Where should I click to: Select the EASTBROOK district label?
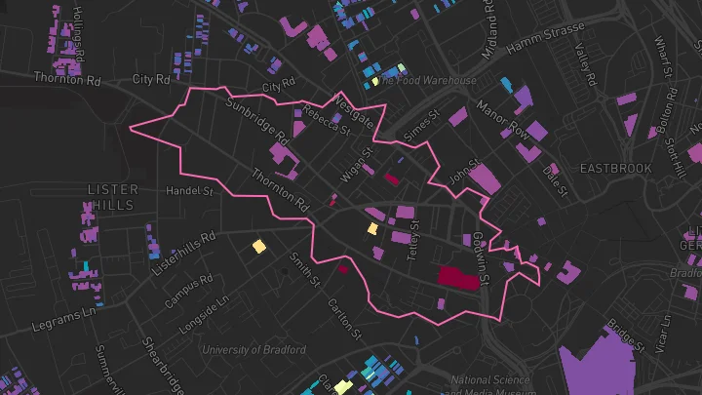pyautogui.click(x=615, y=169)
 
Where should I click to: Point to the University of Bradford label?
pyautogui.click(x=253, y=349)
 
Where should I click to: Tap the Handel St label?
pyautogui.click(x=189, y=190)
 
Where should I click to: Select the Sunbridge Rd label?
pyautogui.click(x=257, y=118)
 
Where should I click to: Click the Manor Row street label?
pyautogui.click(x=502, y=119)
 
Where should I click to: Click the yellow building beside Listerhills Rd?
pyautogui.click(x=259, y=247)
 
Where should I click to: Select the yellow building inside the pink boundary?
pyautogui.click(x=372, y=229)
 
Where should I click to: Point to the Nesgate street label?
pyautogui.click(x=353, y=110)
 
